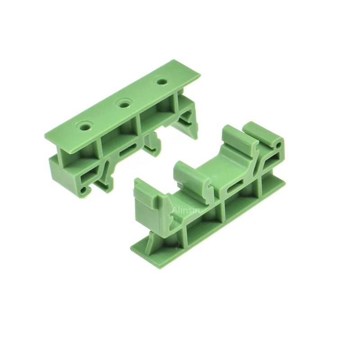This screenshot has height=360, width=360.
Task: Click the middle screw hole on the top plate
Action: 124,105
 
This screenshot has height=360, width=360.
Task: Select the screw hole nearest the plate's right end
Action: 163,81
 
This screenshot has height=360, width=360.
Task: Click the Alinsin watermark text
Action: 186,210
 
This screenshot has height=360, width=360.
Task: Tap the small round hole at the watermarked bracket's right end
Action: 279,145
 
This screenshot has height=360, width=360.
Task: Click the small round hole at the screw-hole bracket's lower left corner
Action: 84,189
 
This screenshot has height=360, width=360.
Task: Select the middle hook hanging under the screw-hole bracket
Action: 153,144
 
